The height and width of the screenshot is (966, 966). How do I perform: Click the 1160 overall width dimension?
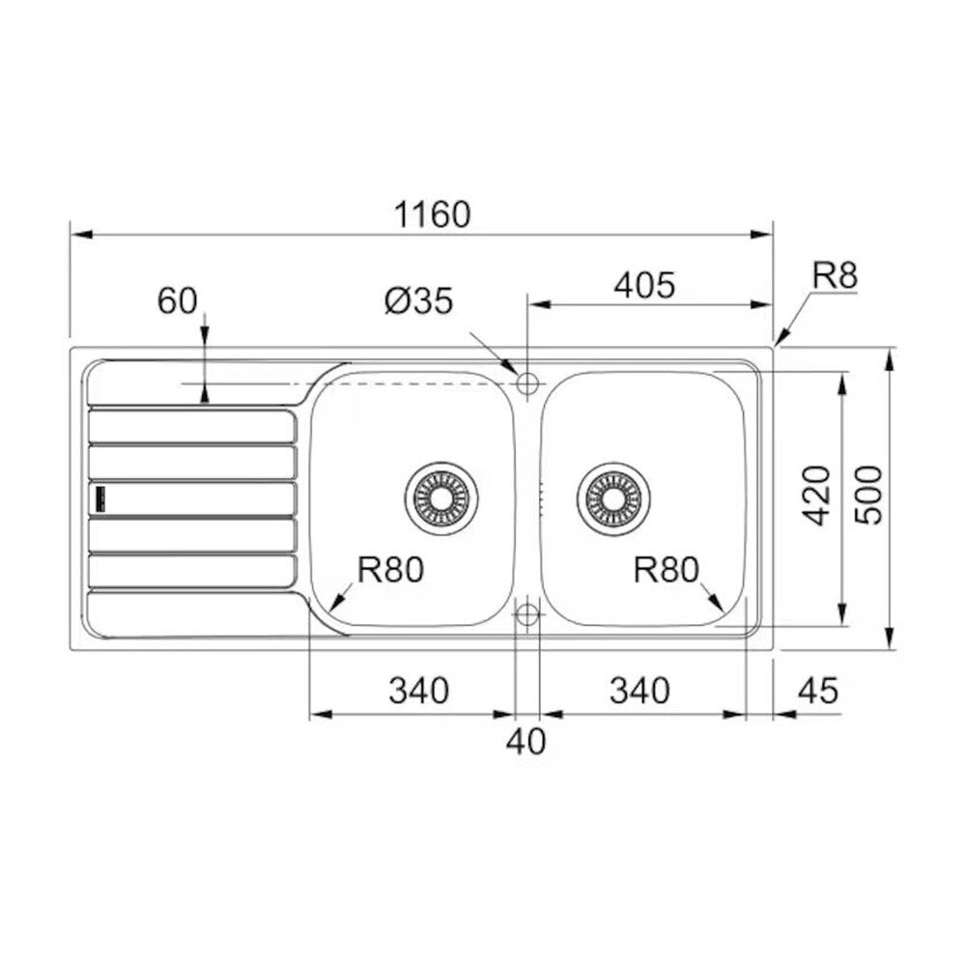coord(432,214)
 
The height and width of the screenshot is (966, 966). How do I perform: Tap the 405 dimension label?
coord(644,285)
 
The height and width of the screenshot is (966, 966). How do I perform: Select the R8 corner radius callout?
coord(835,275)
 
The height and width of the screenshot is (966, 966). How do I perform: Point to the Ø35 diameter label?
coord(419,300)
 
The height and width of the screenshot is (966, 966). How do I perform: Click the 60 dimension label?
coord(178,300)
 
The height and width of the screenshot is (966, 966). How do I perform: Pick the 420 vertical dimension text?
coord(818,496)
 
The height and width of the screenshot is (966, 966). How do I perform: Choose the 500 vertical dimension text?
coord(869,496)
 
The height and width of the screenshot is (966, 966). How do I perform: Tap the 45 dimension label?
coord(818,691)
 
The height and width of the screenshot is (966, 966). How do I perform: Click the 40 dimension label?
coord(526,741)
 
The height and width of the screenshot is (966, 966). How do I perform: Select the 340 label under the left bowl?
coord(419,691)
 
